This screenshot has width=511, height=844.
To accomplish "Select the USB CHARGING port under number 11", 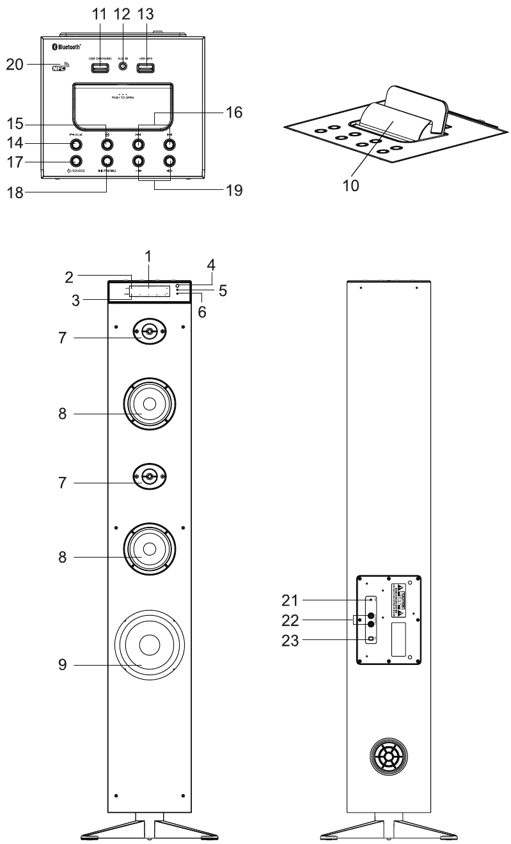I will [100, 66].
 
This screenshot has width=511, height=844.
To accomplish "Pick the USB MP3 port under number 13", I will [146, 66].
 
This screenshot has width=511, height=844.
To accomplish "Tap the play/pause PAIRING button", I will [107, 160].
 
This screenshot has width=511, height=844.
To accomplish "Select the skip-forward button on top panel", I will [169, 143].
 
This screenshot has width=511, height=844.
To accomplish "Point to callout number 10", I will [350, 185].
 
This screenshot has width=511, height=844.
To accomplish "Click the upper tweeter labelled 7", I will [148, 332].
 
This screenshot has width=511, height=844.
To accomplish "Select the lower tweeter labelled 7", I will [148, 477].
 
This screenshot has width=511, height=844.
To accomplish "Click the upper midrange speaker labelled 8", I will [149, 404].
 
